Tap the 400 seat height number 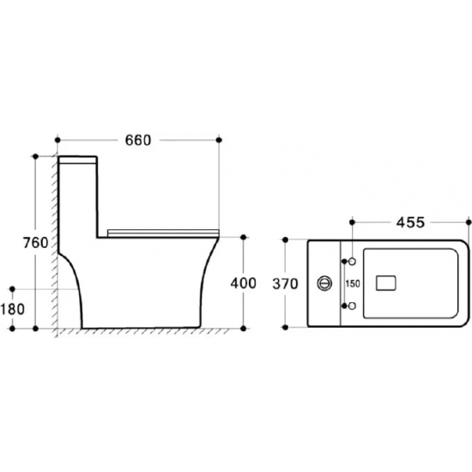pos(244,282)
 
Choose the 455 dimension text pos(410,223)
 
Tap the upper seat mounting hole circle pos(350,258)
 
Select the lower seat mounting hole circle pos(350,305)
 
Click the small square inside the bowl pos(390,281)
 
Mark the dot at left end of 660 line pos(57,138)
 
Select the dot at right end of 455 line pos(469,222)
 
